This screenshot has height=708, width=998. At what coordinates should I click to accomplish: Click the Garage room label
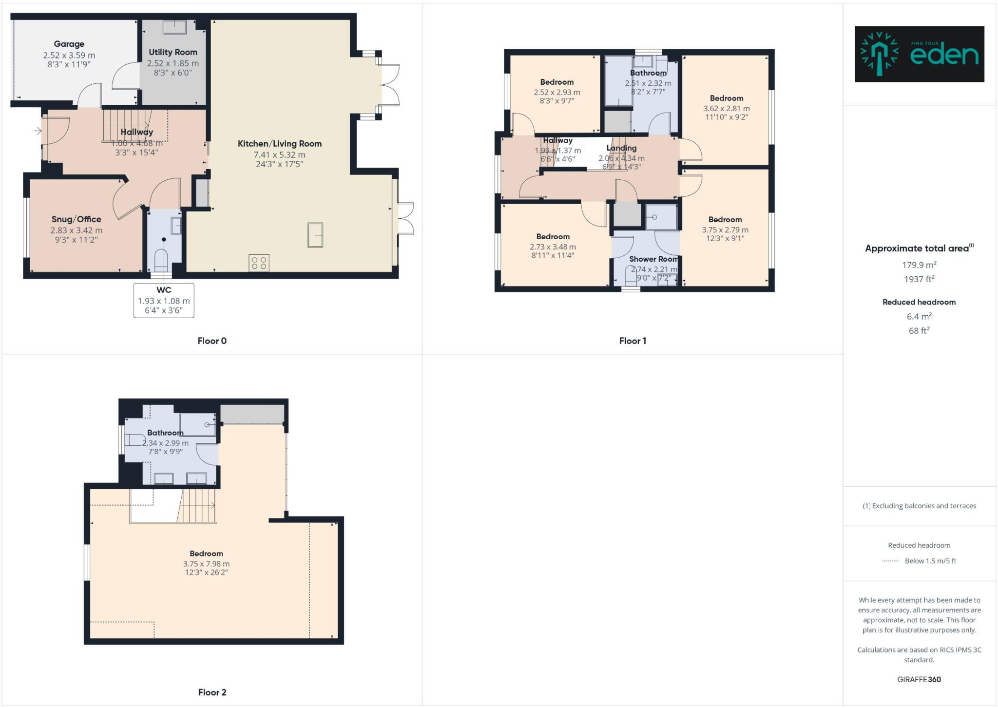[69, 44]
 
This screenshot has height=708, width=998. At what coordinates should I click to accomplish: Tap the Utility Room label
[173, 52]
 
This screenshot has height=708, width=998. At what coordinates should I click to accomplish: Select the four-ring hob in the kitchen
[259, 263]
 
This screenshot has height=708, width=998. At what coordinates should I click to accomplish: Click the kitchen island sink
[315, 235]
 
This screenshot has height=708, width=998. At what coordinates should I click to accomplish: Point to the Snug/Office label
[77, 219]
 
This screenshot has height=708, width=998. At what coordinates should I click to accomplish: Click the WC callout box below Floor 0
[164, 300]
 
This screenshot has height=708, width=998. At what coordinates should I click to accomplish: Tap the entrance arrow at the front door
[38, 131]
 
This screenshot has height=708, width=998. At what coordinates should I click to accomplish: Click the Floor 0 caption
[212, 341]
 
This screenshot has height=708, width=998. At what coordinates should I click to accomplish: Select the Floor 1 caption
[633, 341]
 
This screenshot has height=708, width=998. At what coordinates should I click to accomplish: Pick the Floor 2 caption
[212, 692]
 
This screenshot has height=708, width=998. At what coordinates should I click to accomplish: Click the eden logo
[919, 54]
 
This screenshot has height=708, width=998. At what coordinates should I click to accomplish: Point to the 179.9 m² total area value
[919, 265]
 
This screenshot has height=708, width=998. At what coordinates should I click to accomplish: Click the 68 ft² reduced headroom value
[919, 330]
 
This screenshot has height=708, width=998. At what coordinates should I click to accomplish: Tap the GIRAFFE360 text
[919, 679]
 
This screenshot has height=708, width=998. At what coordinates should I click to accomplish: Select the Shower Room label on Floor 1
[653, 259]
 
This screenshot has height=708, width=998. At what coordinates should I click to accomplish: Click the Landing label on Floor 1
[621, 148]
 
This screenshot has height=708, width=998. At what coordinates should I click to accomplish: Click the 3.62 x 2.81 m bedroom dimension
[726, 108]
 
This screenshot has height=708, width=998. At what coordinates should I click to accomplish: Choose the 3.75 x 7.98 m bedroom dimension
[206, 564]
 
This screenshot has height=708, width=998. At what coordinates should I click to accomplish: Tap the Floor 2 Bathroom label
[165, 433]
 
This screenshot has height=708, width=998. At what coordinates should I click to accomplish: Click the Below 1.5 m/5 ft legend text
[930, 561]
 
